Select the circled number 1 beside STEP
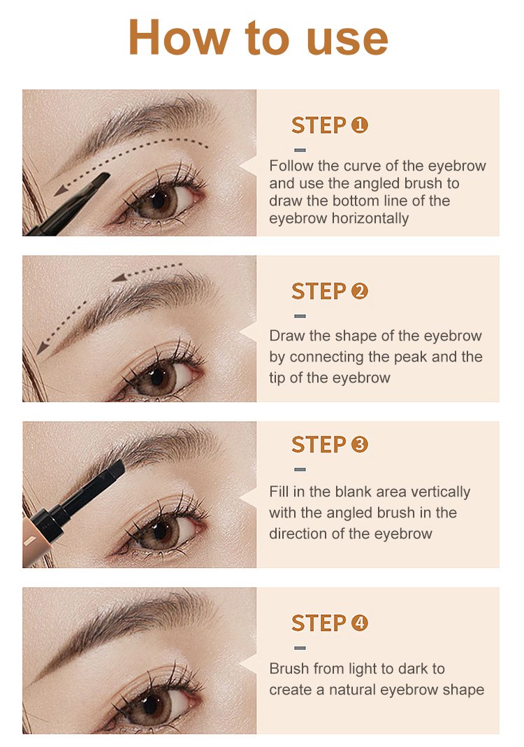[359, 125]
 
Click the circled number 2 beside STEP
[359, 291]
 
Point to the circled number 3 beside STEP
[359, 444]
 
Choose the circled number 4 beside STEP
[359, 622]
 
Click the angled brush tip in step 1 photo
[98, 180]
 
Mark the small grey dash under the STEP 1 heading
[300, 150]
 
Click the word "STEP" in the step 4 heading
[319, 623]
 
